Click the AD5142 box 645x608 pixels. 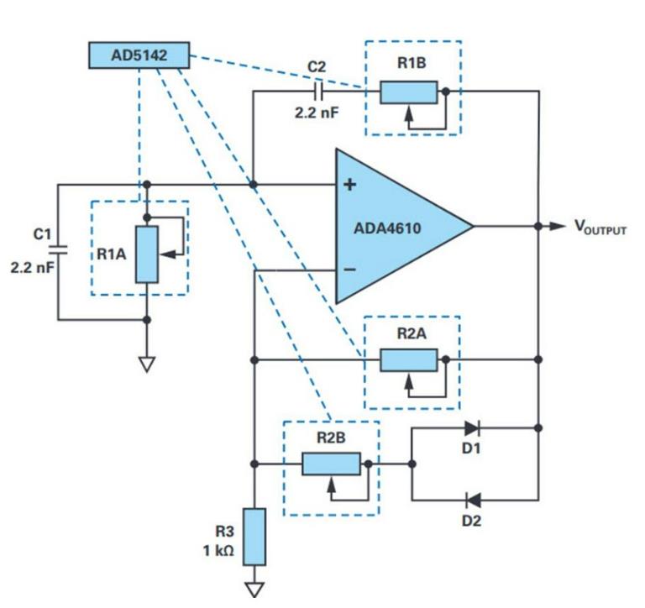139,55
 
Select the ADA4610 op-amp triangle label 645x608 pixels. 391,226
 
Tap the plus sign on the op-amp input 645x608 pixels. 350,185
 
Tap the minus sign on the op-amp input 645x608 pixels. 350,270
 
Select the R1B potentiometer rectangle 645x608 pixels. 409,92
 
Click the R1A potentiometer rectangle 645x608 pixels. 147,254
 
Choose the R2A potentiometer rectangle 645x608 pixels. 409,359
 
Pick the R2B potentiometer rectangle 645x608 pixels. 332,464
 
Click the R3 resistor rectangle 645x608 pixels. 254,537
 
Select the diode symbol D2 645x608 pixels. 472,501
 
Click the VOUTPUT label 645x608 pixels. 600,228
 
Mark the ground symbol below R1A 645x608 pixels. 147,364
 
